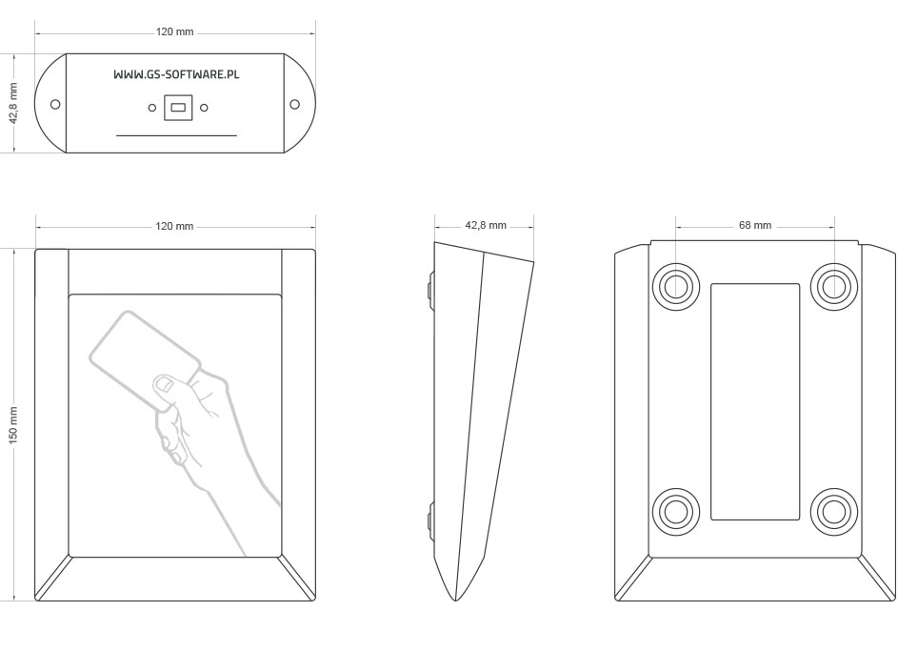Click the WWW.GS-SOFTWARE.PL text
[176, 74]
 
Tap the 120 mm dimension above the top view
[174, 32]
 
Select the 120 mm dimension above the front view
[174, 227]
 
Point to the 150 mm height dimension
[13, 424]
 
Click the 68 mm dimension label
[755, 225]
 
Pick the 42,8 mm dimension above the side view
[486, 225]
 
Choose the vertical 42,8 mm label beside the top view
[13, 103]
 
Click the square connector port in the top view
[178, 107]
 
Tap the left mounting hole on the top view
[55, 104]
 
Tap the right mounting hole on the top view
[294, 104]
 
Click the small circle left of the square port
[152, 107]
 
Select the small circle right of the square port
[204, 107]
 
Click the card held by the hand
[145, 358]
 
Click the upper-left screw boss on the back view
[676, 286]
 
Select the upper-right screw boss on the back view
[834, 286]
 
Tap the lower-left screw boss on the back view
[676, 511]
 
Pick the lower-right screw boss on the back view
[834, 511]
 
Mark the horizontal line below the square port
[176, 136]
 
